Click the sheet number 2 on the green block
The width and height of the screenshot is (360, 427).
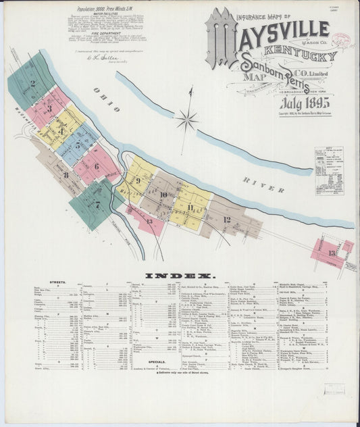coord(32,84)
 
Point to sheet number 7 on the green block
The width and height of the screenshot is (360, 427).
coord(97,203)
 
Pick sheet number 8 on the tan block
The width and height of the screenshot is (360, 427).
coord(66,175)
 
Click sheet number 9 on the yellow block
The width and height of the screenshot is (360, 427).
coord(138,180)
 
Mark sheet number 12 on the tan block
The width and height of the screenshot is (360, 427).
coord(226,220)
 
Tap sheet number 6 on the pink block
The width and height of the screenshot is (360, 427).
coord(96,166)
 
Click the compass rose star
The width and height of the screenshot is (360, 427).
coord(187,120)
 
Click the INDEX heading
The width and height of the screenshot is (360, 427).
coord(180,276)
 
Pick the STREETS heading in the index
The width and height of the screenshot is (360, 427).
coord(57,282)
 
